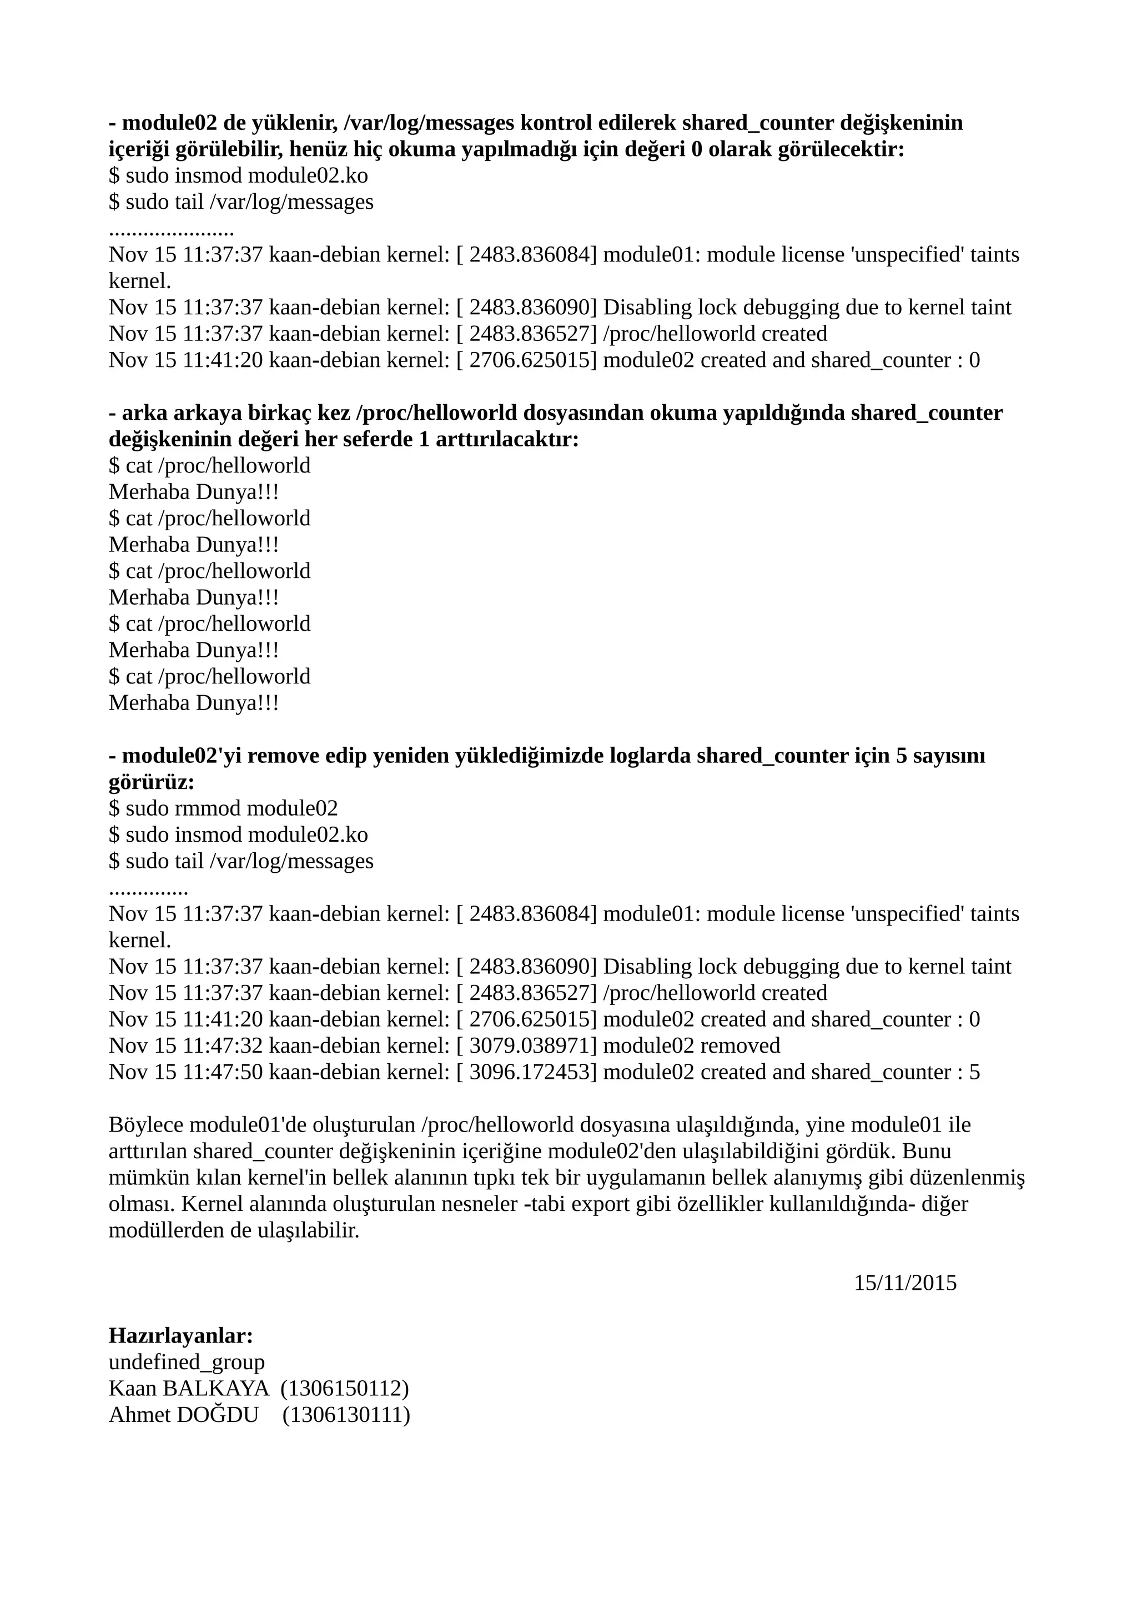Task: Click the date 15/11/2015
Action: pyautogui.click(x=904, y=1283)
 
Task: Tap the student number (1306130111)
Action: pyautogui.click(x=346, y=1415)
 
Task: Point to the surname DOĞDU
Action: pyautogui.click(x=217, y=1415)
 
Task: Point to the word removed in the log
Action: pyautogui.click(x=740, y=1045)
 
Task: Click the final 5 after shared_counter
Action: pyautogui.click(x=974, y=1072)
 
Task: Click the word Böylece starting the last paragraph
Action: pyautogui.click(x=145, y=1125)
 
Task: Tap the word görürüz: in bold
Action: pyautogui.click(x=152, y=782)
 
